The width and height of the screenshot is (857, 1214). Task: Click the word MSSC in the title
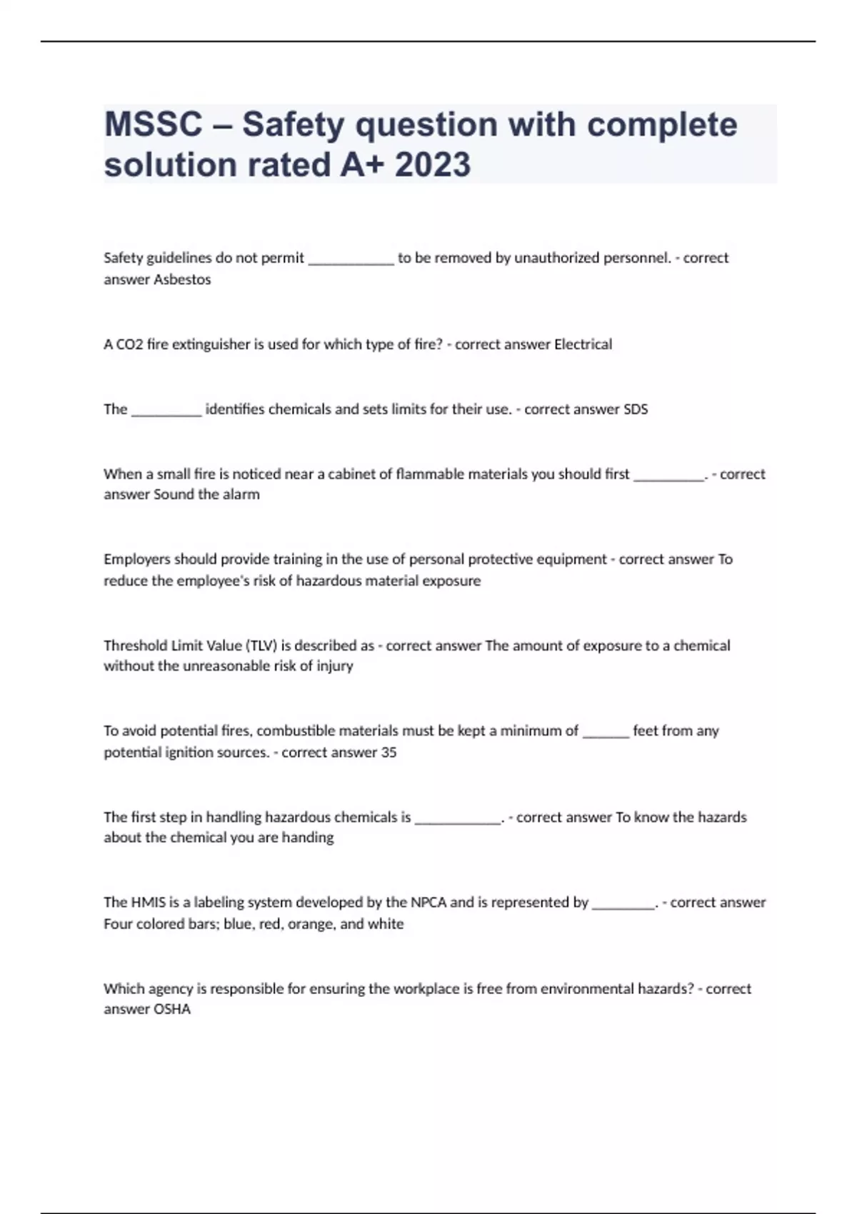click(x=154, y=125)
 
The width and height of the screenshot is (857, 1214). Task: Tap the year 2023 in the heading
click(x=433, y=165)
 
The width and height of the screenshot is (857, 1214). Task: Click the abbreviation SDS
click(x=636, y=410)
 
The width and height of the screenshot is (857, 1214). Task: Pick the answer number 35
click(x=389, y=753)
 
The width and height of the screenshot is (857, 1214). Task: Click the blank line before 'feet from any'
click(x=606, y=733)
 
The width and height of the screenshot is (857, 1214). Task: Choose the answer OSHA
click(x=172, y=1010)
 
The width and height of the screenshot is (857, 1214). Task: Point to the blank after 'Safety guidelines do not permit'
click(x=351, y=261)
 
